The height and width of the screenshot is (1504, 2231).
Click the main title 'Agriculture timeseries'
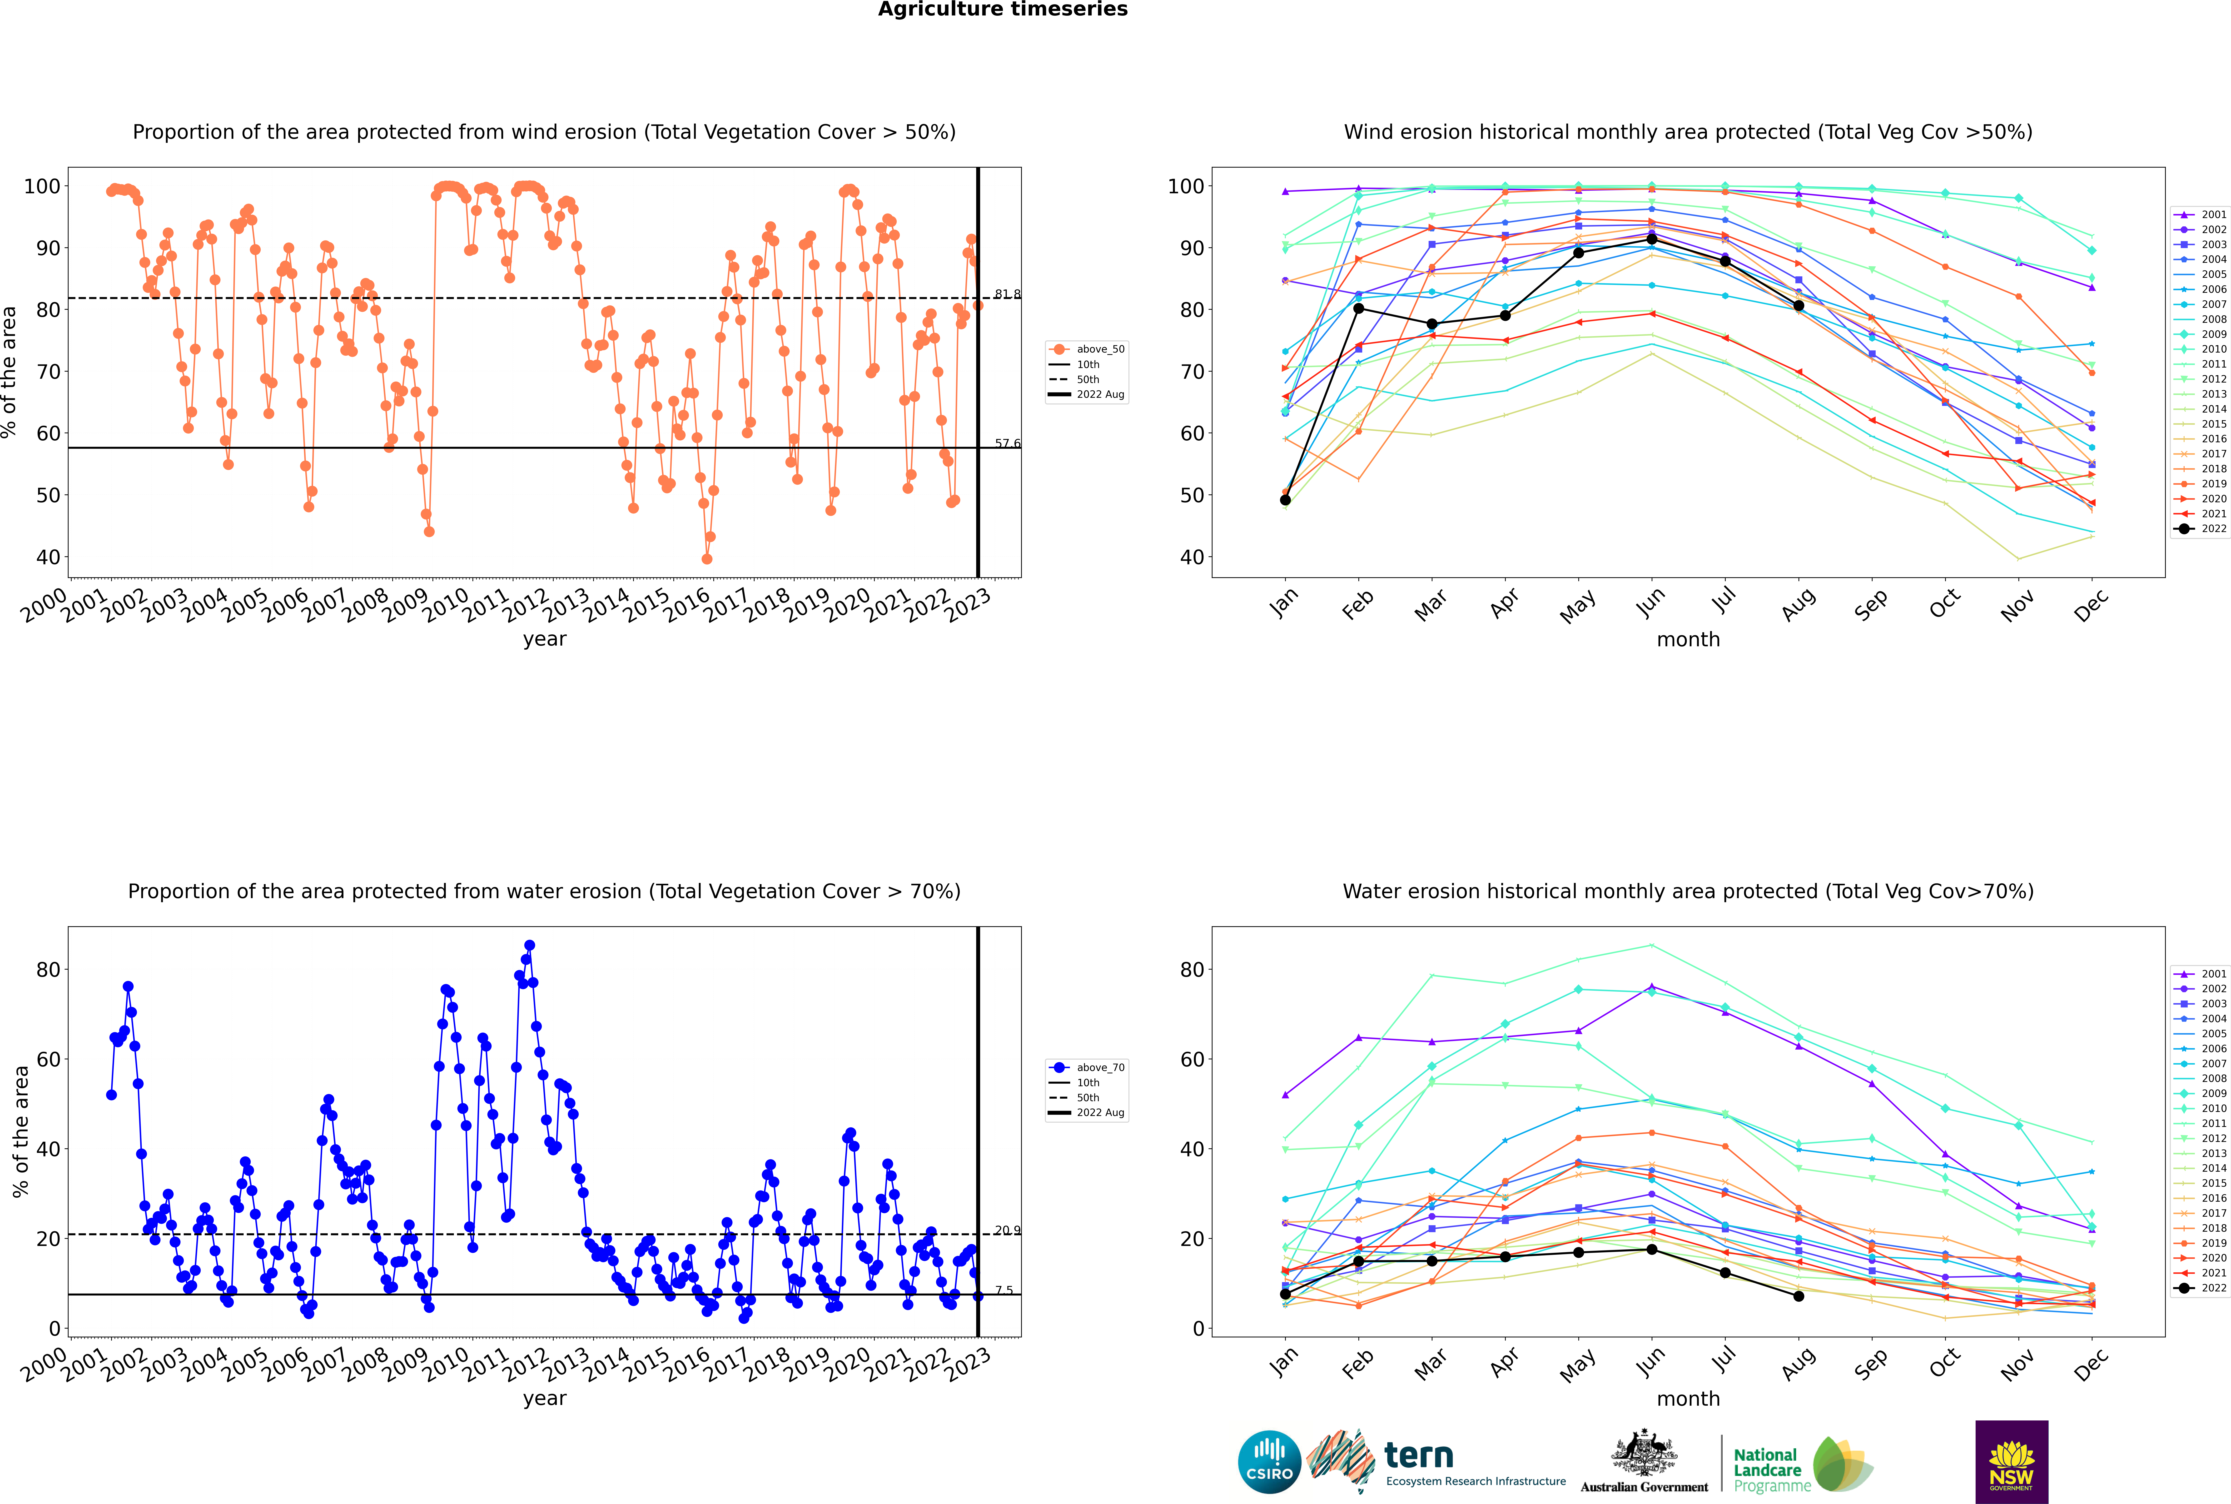click(1002, 10)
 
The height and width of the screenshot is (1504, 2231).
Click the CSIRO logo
click(1269, 1462)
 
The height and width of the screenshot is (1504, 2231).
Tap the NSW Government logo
click(2011, 1462)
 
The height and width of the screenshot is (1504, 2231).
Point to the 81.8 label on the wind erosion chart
click(1007, 294)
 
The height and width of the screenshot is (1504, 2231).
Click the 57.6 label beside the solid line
click(1007, 444)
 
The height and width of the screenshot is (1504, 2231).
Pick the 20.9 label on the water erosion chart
click(1007, 1231)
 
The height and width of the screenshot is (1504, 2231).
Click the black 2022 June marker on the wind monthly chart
click(1652, 240)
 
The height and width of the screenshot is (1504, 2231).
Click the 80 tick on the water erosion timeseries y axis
click(48, 970)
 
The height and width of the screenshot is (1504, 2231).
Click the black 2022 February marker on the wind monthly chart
click(1358, 308)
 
